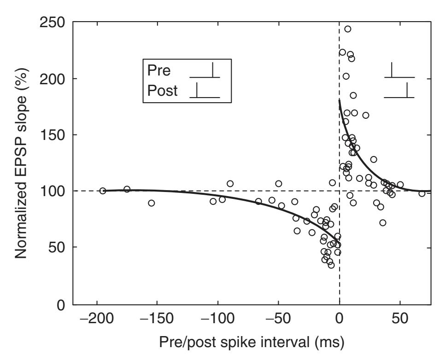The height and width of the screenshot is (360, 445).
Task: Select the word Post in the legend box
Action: pos(163,91)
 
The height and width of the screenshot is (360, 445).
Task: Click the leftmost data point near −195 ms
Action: pos(103,191)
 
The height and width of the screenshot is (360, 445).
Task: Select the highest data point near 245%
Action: pos(348,29)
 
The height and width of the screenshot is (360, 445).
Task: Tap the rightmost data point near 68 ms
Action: pos(422,193)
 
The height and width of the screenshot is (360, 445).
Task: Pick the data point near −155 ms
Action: pos(152,203)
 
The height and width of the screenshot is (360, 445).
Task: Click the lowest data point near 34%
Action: pos(331,265)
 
